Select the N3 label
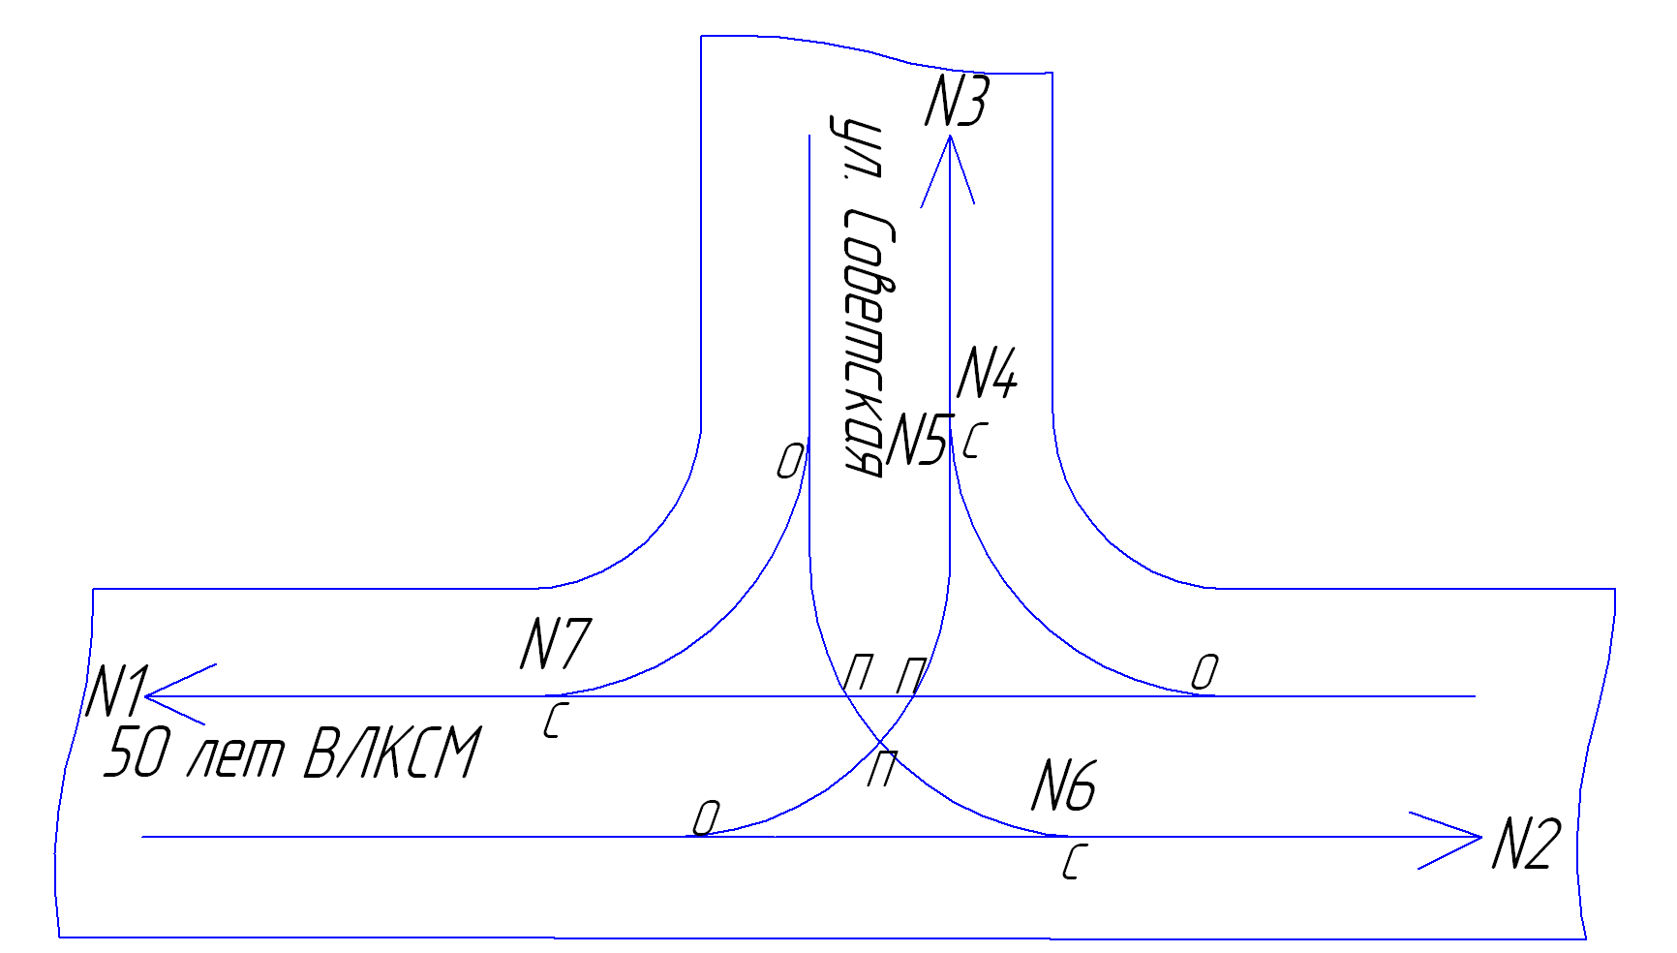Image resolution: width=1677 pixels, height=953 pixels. [x=957, y=101]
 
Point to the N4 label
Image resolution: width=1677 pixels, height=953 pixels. [x=987, y=373]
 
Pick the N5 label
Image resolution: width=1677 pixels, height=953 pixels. [x=916, y=440]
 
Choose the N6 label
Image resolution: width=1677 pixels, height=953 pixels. [x=1063, y=785]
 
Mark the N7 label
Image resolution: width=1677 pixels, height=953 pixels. [x=555, y=644]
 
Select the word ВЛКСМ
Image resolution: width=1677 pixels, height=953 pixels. [x=391, y=753]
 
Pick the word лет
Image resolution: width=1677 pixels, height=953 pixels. [x=234, y=755]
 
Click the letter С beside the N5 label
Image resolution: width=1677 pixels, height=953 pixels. [x=974, y=441]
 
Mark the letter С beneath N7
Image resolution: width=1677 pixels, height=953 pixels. [x=553, y=721]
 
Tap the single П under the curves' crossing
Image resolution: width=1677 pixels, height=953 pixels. [x=880, y=769]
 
